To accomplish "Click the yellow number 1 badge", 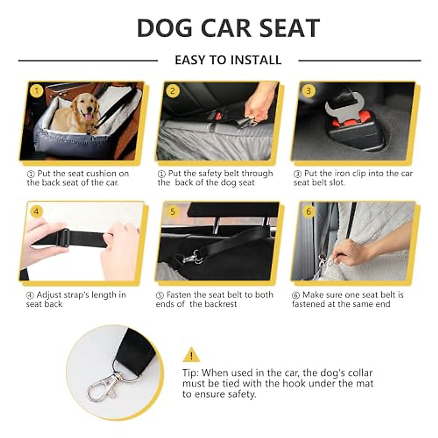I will (x=36, y=91).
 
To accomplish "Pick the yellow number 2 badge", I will (x=173, y=91).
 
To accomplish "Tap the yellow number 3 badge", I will (x=309, y=91).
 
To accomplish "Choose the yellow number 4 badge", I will (x=36, y=211).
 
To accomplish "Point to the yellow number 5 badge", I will (x=173, y=211).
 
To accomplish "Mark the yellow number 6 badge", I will (x=309, y=211).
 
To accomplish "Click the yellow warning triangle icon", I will (x=191, y=355).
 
